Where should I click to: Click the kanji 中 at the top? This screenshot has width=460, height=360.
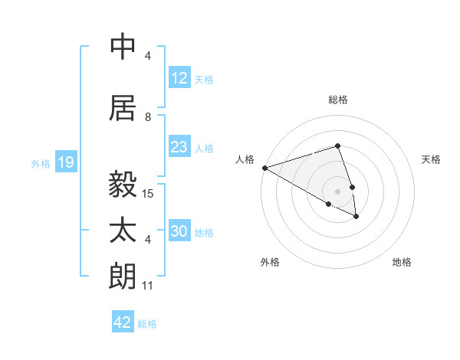[123, 47]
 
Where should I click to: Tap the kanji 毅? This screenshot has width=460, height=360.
[123, 185]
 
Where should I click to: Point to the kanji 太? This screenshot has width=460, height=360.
[123, 231]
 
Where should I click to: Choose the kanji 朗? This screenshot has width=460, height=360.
[123, 277]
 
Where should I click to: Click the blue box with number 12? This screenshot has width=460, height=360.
[179, 79]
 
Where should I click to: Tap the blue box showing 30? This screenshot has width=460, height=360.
[179, 232]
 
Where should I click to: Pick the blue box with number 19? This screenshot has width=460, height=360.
[65, 162]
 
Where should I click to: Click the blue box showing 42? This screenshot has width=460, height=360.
[123, 322]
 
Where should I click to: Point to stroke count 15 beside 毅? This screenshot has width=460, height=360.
[149, 194]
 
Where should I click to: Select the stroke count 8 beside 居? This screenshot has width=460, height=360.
[148, 117]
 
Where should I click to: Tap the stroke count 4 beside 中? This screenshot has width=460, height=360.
[148, 56]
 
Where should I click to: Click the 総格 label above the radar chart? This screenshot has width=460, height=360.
[337, 100]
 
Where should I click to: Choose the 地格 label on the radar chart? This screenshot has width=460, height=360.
[402, 262]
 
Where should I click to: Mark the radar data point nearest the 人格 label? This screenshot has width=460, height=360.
[264, 168]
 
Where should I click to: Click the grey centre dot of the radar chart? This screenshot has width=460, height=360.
[337, 190]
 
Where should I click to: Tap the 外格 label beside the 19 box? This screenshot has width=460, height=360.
[41, 163]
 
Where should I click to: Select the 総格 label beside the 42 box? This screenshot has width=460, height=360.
[147, 323]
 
